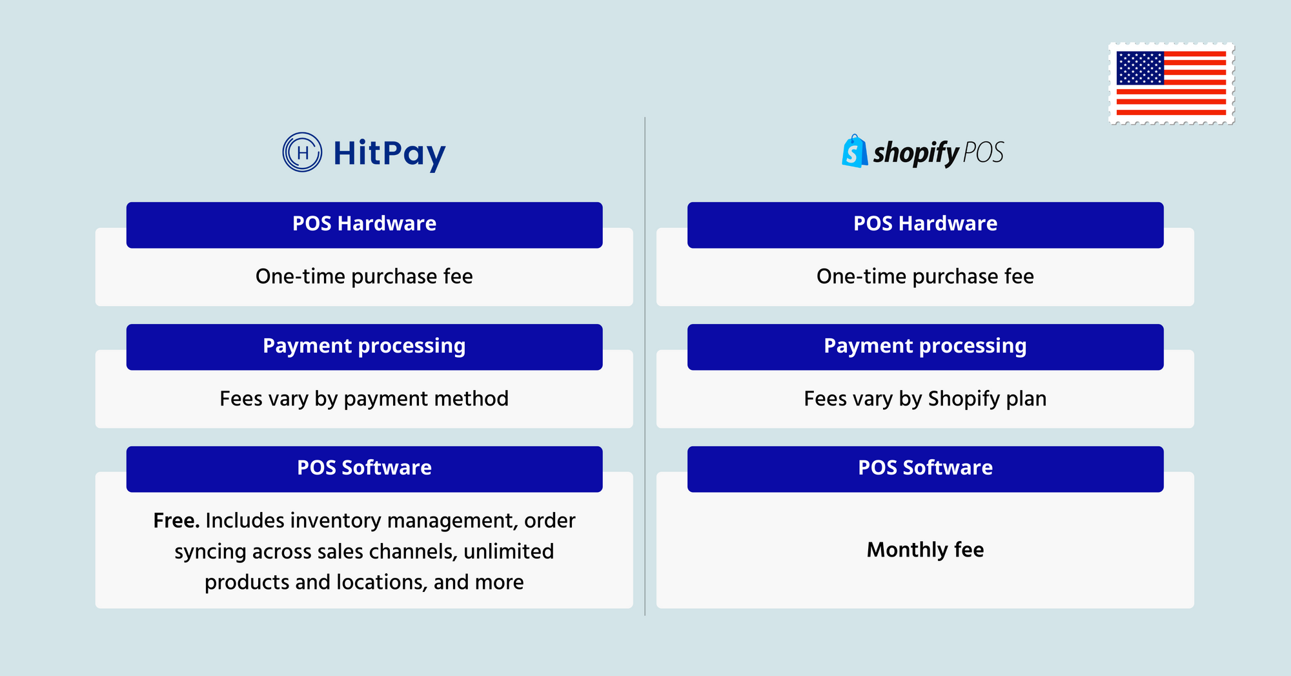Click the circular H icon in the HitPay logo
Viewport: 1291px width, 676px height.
click(x=302, y=152)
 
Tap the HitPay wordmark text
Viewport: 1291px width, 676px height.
click(x=389, y=154)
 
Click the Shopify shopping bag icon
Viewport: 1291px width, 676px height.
click(x=855, y=151)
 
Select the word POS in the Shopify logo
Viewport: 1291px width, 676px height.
click(x=983, y=152)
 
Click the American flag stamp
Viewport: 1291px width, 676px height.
click(x=1171, y=83)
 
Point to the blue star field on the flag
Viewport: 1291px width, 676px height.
click(x=1140, y=68)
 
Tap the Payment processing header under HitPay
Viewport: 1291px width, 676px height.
click(x=364, y=347)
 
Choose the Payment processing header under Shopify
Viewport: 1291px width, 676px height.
click(x=925, y=347)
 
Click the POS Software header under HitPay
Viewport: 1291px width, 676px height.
click(x=364, y=469)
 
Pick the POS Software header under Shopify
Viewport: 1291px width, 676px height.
click(x=925, y=469)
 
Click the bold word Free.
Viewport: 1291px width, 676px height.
click(x=176, y=520)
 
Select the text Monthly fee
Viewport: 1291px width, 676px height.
click(x=925, y=549)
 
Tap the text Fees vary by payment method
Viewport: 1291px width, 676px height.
click(x=364, y=399)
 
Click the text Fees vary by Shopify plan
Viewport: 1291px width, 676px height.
click(x=925, y=399)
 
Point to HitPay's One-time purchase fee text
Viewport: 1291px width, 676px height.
click(x=364, y=277)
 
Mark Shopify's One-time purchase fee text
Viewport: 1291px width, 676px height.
click(x=925, y=277)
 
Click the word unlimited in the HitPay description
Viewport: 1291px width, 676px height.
click(x=509, y=551)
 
